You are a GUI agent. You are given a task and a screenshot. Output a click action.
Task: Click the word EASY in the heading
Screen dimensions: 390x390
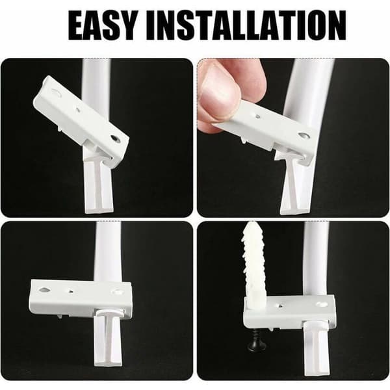(103, 25)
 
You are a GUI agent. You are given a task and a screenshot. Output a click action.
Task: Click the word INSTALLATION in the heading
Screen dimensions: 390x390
(246, 25)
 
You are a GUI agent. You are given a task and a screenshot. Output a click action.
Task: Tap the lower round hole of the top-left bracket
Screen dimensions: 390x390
(116, 139)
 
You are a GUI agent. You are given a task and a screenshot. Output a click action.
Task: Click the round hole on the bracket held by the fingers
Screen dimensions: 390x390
(304, 136)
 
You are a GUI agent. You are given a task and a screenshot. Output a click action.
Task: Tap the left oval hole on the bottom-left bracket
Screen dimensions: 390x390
(45, 290)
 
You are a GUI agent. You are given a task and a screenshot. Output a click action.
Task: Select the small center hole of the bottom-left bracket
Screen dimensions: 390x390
(71, 291)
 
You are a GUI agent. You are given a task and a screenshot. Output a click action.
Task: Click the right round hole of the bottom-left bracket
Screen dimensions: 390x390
(116, 291)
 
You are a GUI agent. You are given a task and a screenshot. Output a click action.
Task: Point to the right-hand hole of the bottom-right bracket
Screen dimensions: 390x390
(321, 304)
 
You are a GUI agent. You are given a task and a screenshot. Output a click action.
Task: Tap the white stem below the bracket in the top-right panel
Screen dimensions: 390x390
(296, 189)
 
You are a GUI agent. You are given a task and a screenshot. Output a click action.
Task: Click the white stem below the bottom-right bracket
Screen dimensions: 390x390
(316, 348)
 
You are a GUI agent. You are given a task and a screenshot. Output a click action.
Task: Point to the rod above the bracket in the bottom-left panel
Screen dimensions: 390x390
(109, 252)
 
